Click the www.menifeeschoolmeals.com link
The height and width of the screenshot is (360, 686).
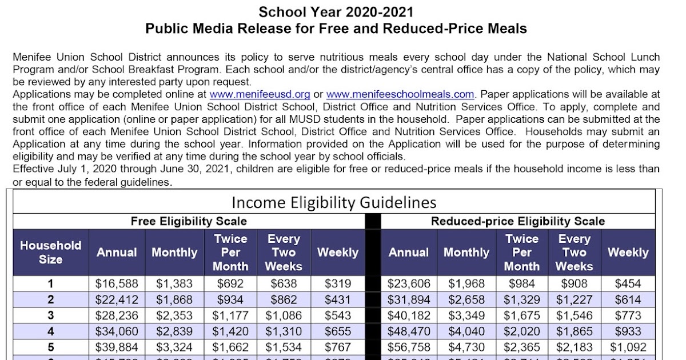coord(400,94)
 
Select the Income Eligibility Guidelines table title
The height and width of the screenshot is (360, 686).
coord(334,202)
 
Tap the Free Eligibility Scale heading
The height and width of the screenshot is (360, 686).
coord(189,221)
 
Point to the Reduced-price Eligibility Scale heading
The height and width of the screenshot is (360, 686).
coord(518,221)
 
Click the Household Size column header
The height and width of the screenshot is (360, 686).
coord(51,252)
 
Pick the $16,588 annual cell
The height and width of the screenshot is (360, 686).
coord(116,283)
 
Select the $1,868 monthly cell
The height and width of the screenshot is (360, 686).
coord(174,299)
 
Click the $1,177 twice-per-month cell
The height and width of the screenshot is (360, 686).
coord(230,315)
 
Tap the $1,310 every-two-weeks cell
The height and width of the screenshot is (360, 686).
coord(284,331)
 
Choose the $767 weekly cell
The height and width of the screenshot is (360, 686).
coord(337,347)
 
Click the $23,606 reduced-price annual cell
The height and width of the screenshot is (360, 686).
coord(408,283)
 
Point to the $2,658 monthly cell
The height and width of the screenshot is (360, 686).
coord(466,299)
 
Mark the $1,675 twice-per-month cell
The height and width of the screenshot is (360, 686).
coord(521,315)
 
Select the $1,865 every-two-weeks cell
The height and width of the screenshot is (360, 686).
coord(574,331)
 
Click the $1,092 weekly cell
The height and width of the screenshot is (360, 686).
coord(628,347)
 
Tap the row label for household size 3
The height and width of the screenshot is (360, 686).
coord(51,315)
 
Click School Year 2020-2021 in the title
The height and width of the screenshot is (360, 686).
coord(336,12)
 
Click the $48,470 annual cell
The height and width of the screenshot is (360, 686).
coord(408,331)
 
